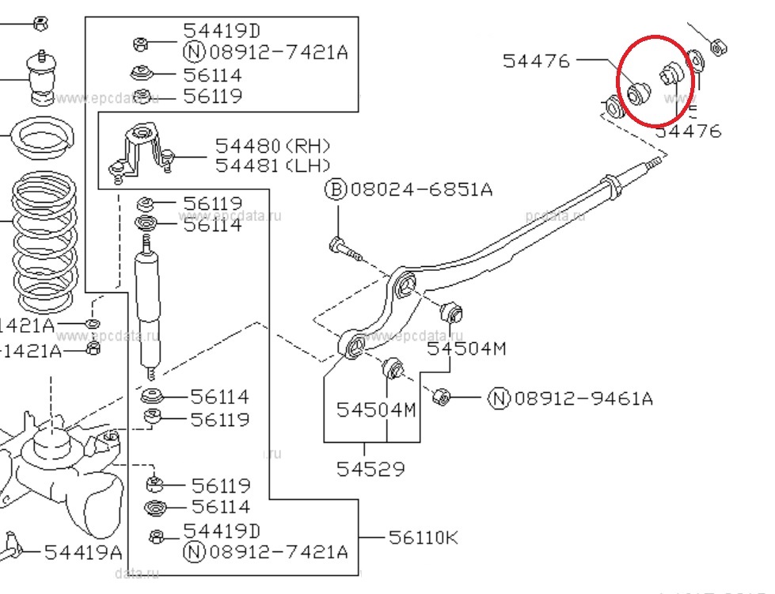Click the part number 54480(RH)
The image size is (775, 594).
[272, 147]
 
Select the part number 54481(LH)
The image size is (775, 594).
[272, 166]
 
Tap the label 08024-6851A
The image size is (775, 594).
[421, 190]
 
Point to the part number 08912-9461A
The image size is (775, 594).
[583, 398]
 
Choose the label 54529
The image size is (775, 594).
[370, 469]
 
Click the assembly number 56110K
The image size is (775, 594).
[424, 537]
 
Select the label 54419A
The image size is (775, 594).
[83, 552]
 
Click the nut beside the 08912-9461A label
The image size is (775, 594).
[443, 397]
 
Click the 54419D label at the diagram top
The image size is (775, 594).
[222, 31]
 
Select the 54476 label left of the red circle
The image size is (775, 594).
[536, 60]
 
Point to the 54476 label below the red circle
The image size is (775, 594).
[688, 131]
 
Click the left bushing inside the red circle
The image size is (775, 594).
[636, 94]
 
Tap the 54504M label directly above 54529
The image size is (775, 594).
[376, 409]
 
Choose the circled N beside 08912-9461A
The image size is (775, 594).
[499, 398]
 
